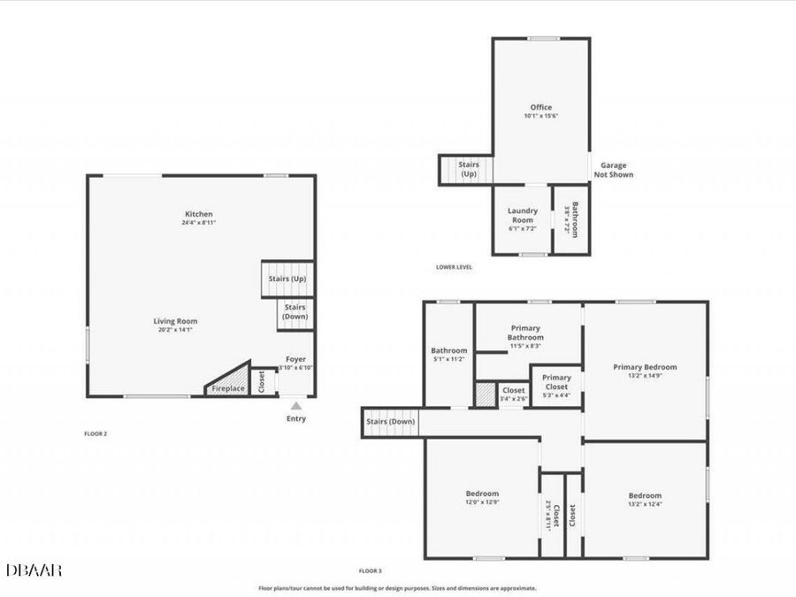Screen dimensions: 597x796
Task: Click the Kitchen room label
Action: click(198, 214)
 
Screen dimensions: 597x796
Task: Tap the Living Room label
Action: click(175, 321)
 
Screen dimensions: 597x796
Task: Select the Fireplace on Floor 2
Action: click(227, 387)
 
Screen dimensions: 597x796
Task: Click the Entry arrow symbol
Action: click(296, 405)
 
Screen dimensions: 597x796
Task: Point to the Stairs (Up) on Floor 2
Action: click(287, 279)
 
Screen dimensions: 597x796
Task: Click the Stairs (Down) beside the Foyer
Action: click(295, 310)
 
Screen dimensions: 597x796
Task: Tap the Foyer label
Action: click(296, 359)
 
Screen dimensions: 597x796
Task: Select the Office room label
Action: click(540, 108)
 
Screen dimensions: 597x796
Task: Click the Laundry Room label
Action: click(522, 215)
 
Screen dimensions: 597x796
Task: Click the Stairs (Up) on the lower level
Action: click(467, 169)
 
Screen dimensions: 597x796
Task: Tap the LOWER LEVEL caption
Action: click(454, 266)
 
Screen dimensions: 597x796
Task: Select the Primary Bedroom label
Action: click(645, 366)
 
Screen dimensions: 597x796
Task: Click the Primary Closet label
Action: click(556, 381)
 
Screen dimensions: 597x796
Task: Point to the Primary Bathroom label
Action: click(525, 333)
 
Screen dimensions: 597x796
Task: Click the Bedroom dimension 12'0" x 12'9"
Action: click(482, 502)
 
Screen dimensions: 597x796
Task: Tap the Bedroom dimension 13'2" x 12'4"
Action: click(645, 504)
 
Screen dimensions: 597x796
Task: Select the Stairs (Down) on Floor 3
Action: click(390, 422)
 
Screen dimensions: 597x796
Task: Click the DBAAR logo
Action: click(34, 570)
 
